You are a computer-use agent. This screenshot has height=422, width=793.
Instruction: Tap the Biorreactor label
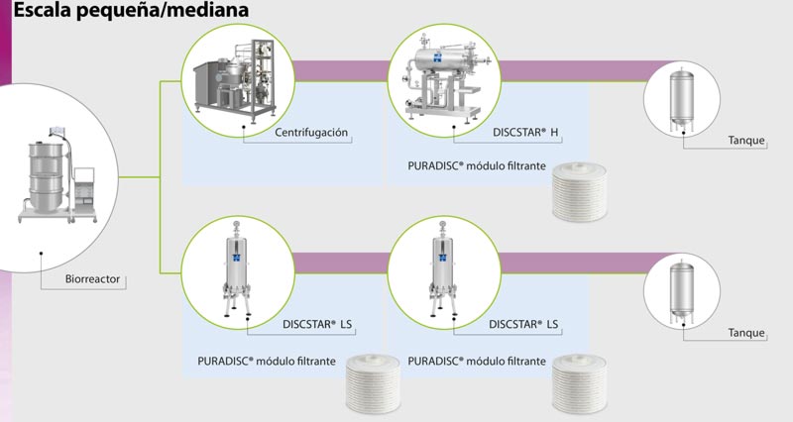[91, 280]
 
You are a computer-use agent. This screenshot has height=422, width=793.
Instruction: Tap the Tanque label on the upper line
[746, 141]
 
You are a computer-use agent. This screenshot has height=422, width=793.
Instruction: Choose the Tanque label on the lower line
[746, 332]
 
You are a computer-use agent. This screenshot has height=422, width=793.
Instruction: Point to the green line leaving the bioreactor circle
[149, 178]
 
